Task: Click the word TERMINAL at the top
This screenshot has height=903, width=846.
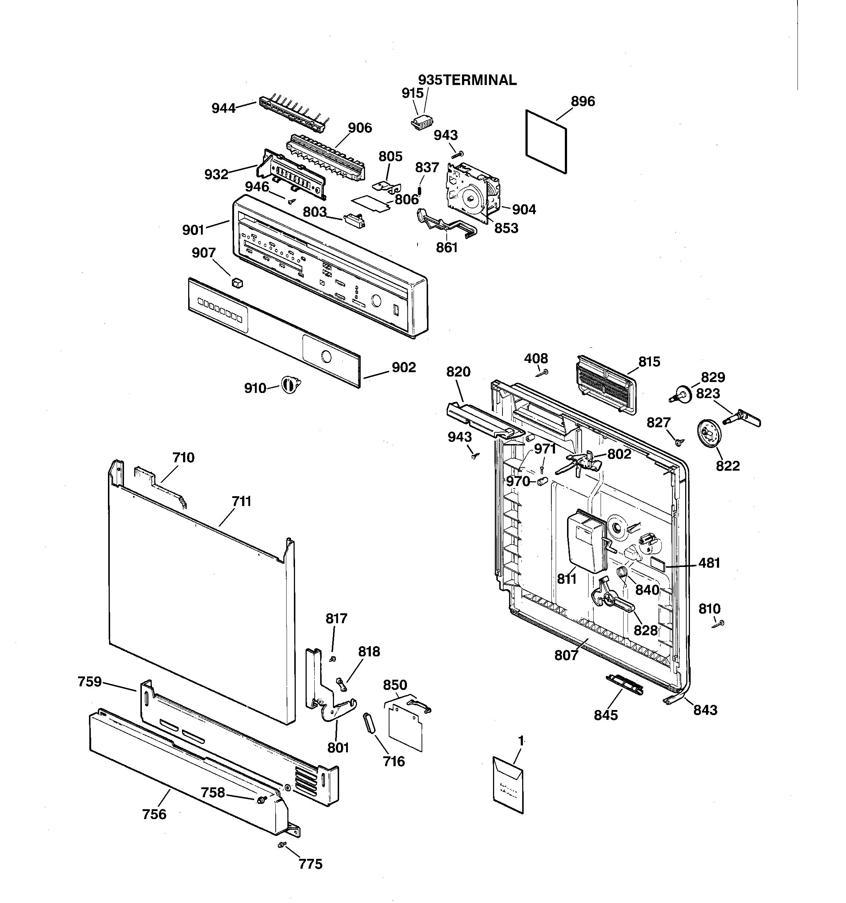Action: pyautogui.click(x=480, y=80)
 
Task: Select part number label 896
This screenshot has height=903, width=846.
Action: pyautogui.click(x=583, y=101)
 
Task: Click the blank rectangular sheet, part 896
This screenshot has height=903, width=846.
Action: pyautogui.click(x=546, y=141)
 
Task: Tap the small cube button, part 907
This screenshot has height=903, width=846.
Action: pyautogui.click(x=237, y=282)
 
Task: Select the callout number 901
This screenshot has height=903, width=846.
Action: pyautogui.click(x=193, y=230)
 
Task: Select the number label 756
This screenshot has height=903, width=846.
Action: pyautogui.click(x=154, y=814)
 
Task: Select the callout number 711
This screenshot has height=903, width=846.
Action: pyautogui.click(x=241, y=501)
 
